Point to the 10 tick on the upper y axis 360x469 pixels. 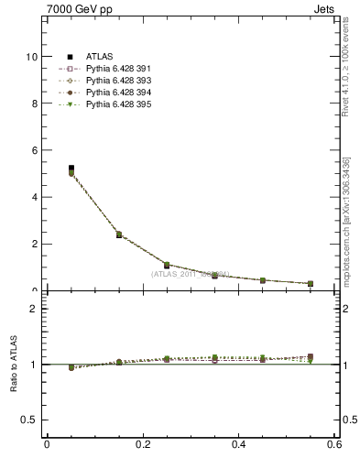pyautogui.click(x=32, y=57)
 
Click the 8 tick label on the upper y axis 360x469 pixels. pyautogui.click(x=35, y=104)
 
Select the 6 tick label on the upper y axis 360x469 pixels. pyautogui.click(x=35, y=150)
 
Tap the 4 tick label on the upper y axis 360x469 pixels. pyautogui.click(x=35, y=197)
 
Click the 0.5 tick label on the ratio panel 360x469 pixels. pyautogui.click(x=30, y=420)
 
